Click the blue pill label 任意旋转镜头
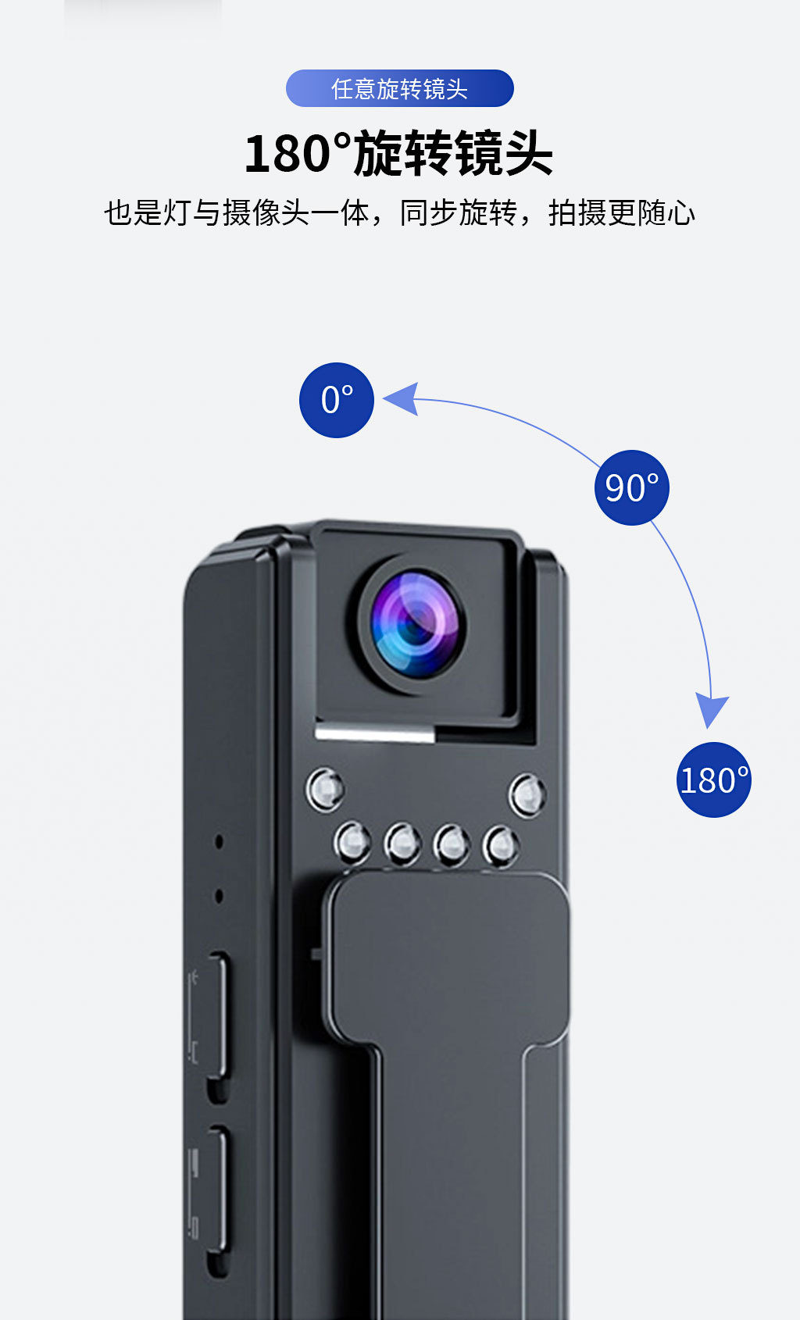pos(399,88)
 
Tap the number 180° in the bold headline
pos(298,153)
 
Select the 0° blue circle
pos(337,400)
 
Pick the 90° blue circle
pos(631,487)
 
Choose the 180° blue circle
pos(713,780)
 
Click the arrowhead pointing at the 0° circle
pos(402,399)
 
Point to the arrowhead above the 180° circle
pos(711,708)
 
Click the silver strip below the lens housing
pos(374,733)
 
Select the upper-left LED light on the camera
pos(324,790)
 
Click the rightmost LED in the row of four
pos(500,845)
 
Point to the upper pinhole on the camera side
pos(219,841)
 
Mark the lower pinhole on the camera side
pos(219,896)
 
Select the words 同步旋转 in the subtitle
pos(458,212)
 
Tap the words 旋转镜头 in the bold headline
pos(453,153)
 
